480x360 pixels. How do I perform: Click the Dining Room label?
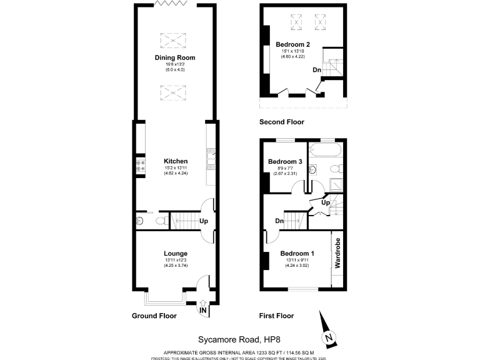175,57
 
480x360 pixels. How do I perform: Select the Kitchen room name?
175,161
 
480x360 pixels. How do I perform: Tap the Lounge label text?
176,253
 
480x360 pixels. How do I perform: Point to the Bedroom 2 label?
292,44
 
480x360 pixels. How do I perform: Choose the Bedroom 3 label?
285,161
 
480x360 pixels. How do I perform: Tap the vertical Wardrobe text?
337,253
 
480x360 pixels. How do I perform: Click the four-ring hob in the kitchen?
140,166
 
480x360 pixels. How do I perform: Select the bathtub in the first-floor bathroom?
325,151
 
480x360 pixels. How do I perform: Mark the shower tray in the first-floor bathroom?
336,186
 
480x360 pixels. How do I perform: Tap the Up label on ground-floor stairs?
203,221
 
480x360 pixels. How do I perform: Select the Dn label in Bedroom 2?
317,70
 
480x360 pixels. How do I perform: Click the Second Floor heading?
281,122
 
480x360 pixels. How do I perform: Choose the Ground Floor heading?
154,316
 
